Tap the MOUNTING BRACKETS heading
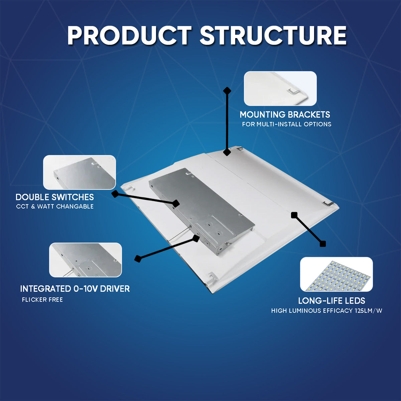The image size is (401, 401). tap(285, 115)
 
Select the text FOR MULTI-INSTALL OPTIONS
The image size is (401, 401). tap(286, 124)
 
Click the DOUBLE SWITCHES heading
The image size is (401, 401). tap(55, 197)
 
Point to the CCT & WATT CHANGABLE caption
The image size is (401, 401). tap(55, 207)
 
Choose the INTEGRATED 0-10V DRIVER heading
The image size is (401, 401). tap(75, 289)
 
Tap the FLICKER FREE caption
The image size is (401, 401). tap(42, 300)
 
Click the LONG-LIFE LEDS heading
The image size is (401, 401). tap(331, 301)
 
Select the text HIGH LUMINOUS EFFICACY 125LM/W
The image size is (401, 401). tap(326, 311)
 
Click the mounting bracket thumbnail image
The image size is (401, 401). tap(280, 89)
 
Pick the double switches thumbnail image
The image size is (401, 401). tap(80, 172)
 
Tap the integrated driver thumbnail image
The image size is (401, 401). tap(86, 260)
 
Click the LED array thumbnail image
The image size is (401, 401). tap(336, 274)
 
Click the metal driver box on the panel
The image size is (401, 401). tap(202, 211)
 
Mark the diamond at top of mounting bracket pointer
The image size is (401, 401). tap(227, 91)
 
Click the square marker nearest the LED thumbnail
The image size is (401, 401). tap(322, 244)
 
